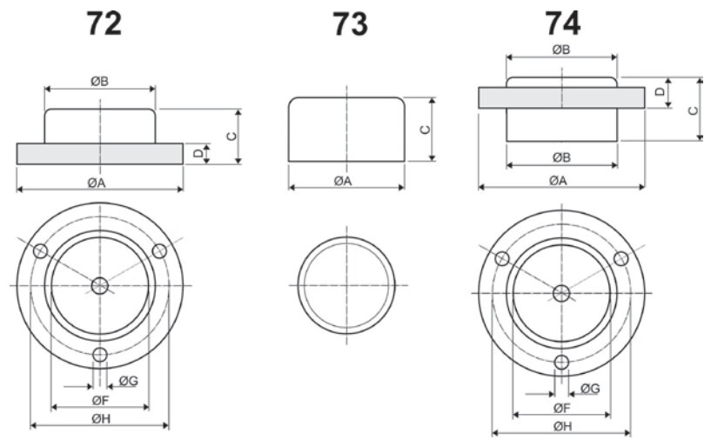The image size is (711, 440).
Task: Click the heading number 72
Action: [104, 23]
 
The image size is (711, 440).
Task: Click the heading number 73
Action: [350, 24]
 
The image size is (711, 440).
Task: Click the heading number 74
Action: [562, 23]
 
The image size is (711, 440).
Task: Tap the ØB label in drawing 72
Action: [100, 82]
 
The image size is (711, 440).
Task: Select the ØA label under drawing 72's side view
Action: [97, 183]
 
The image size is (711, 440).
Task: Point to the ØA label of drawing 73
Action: [343, 181]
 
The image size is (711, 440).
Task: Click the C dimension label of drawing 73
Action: [426, 130]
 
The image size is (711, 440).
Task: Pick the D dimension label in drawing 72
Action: [198, 154]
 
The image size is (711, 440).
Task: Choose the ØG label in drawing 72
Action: [129, 381]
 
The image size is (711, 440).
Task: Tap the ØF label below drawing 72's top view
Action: [100, 400]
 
